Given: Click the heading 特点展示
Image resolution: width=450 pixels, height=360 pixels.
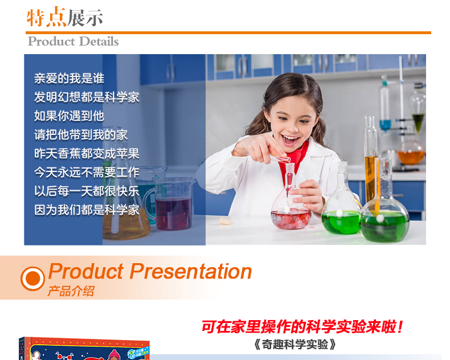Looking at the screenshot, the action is coord(64,18).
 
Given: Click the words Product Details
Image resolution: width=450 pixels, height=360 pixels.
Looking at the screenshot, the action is coord(73,42).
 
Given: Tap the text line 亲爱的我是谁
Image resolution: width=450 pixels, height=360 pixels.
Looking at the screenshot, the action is coord(69,79).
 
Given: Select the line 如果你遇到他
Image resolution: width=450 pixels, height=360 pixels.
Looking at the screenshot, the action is coord(69,116).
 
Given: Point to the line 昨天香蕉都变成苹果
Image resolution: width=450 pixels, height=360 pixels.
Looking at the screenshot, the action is coord(87,154).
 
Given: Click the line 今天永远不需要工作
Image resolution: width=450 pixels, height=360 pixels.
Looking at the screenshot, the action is coord(87,172).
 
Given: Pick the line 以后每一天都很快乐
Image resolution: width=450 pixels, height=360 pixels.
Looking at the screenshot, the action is coord(87,191).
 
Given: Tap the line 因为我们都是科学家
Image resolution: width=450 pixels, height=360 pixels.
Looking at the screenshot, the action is coord(87,210).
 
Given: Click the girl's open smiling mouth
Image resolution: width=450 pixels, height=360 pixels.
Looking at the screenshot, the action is coord(290,140).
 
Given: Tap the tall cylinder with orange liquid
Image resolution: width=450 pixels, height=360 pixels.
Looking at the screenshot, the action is coord(371,161).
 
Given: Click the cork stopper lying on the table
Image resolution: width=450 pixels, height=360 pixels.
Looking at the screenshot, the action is coord(225,221).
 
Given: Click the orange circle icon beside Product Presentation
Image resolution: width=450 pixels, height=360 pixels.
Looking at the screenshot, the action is coord(32,279).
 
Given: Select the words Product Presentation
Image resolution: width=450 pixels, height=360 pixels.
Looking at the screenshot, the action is coord(150,272).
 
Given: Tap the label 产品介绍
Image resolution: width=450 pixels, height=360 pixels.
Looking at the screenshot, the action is coord(71,291).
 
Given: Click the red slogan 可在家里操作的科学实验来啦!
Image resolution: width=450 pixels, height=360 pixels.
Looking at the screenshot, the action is coord(302,327).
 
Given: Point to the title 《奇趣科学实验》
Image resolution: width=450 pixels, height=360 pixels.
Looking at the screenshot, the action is coord(296,345).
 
